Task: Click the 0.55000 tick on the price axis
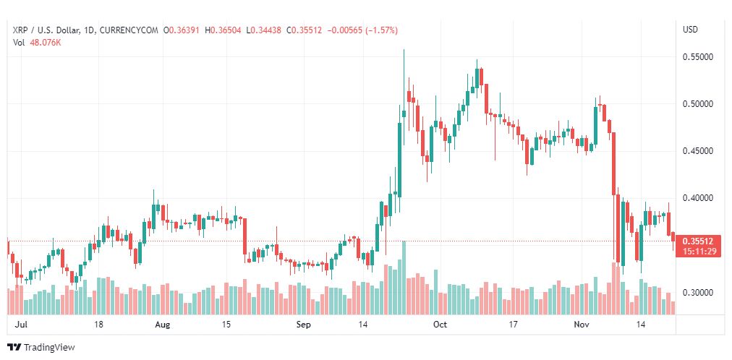[698, 57]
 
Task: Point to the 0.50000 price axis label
[698, 103]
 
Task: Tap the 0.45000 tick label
[698, 151]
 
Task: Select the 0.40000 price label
[698, 198]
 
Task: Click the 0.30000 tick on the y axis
[698, 293]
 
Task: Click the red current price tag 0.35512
[698, 241]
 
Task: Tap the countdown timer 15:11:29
[698, 251]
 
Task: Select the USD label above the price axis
[691, 30]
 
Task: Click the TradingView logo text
[49, 348]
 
